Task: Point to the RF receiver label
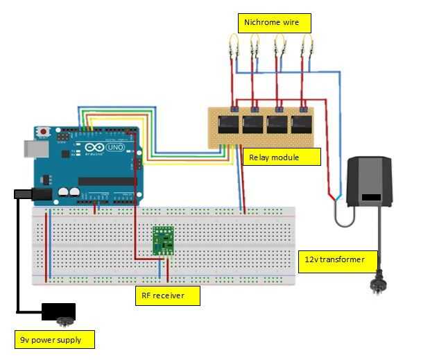click(x=168, y=296)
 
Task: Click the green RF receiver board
click(x=163, y=241)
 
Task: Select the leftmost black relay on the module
click(x=230, y=125)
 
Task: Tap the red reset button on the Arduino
click(x=44, y=131)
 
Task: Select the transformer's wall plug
click(x=379, y=284)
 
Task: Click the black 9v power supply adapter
click(x=58, y=313)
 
